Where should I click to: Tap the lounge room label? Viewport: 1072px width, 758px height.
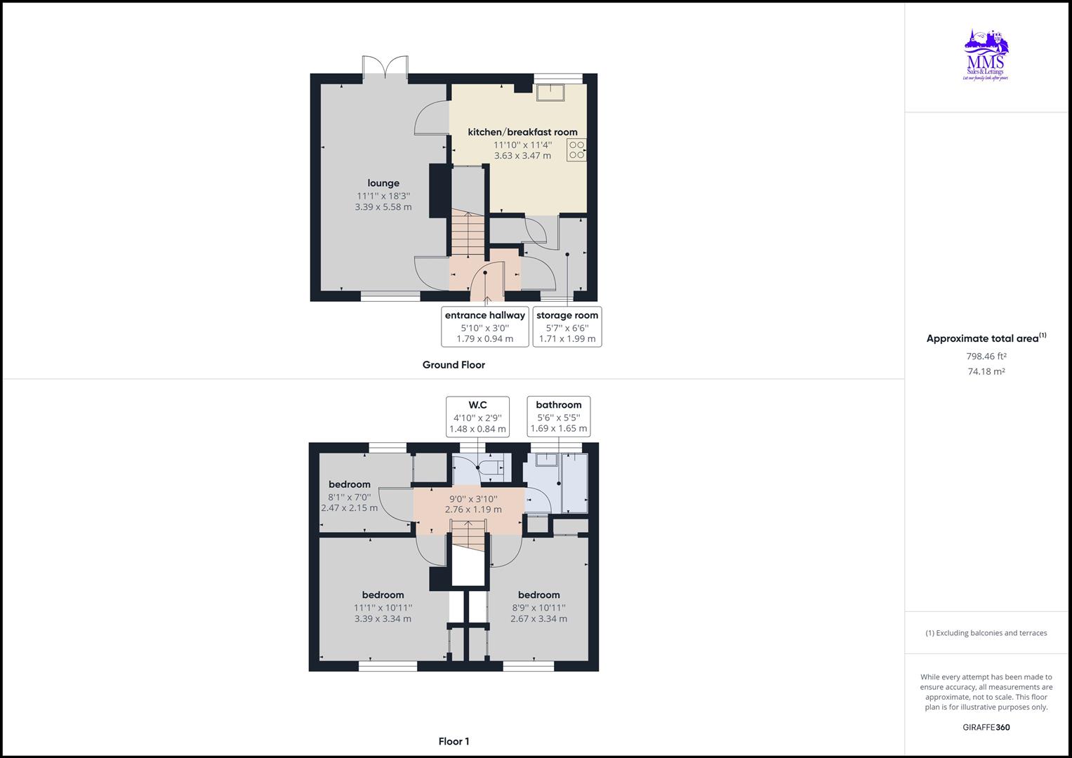pyautogui.click(x=383, y=183)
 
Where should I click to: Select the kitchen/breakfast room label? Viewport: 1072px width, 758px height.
pyautogui.click(x=522, y=132)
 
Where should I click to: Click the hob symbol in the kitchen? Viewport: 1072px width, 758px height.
pyautogui.click(x=576, y=149)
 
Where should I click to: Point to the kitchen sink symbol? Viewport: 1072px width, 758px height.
pyautogui.click(x=551, y=93)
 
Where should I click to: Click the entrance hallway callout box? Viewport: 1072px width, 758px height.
pyautogui.click(x=484, y=326)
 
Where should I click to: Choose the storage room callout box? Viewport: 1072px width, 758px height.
pyautogui.click(x=567, y=326)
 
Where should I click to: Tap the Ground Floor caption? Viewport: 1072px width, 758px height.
pyautogui.click(x=454, y=365)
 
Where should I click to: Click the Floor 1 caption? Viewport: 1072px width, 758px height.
pyautogui.click(x=454, y=741)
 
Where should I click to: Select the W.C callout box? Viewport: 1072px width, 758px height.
pyautogui.click(x=477, y=416)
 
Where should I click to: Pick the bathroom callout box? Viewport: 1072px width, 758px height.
pyautogui.click(x=559, y=416)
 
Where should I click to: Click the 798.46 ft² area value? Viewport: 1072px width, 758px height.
pyautogui.click(x=986, y=356)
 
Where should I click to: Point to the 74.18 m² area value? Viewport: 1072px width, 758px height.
pyautogui.click(x=986, y=371)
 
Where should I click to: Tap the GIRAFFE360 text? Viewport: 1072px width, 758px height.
pyautogui.click(x=986, y=727)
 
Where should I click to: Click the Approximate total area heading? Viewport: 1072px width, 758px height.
pyautogui.click(x=986, y=338)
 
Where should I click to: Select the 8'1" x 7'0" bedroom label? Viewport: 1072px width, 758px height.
pyautogui.click(x=350, y=496)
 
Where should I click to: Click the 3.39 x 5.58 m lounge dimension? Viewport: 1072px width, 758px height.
pyautogui.click(x=383, y=207)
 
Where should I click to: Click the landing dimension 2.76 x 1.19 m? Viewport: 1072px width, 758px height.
pyautogui.click(x=473, y=510)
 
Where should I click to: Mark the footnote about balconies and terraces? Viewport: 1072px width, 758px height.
pyautogui.click(x=986, y=633)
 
